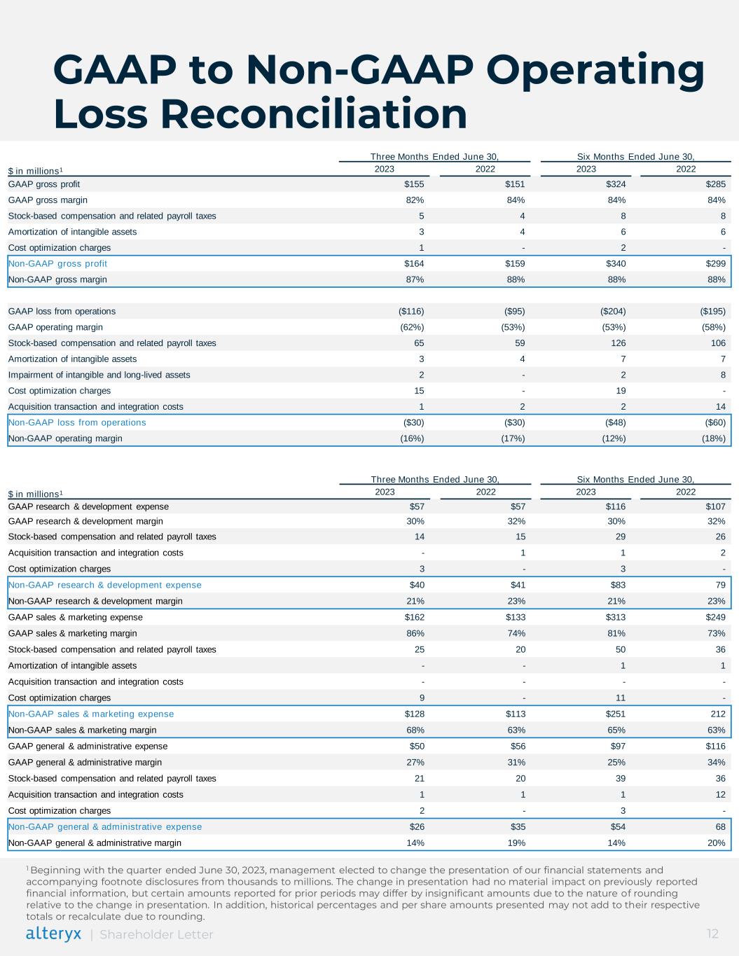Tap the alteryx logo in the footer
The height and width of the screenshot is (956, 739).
point(53,934)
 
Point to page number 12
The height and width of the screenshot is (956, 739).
point(712,934)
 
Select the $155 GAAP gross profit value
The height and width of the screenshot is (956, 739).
point(414,184)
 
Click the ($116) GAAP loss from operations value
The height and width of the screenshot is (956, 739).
point(410,311)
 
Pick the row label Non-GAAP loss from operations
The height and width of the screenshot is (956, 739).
point(77,422)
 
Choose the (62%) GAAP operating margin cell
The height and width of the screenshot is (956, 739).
point(411,327)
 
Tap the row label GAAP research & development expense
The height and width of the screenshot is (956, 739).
point(88,506)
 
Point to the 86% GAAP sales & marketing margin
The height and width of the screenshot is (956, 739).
point(415,633)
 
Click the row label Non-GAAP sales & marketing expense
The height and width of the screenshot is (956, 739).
point(91,714)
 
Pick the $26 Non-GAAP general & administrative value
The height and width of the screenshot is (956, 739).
point(416,826)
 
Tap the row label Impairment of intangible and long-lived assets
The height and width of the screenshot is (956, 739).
point(99,375)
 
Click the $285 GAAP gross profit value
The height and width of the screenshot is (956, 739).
point(714,184)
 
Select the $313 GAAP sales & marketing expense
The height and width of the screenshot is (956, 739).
point(614,617)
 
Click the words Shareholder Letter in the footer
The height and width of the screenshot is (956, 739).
point(157,934)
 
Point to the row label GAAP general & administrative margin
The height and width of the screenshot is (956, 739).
point(85,762)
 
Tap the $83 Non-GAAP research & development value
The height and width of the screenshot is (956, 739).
point(616,585)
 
